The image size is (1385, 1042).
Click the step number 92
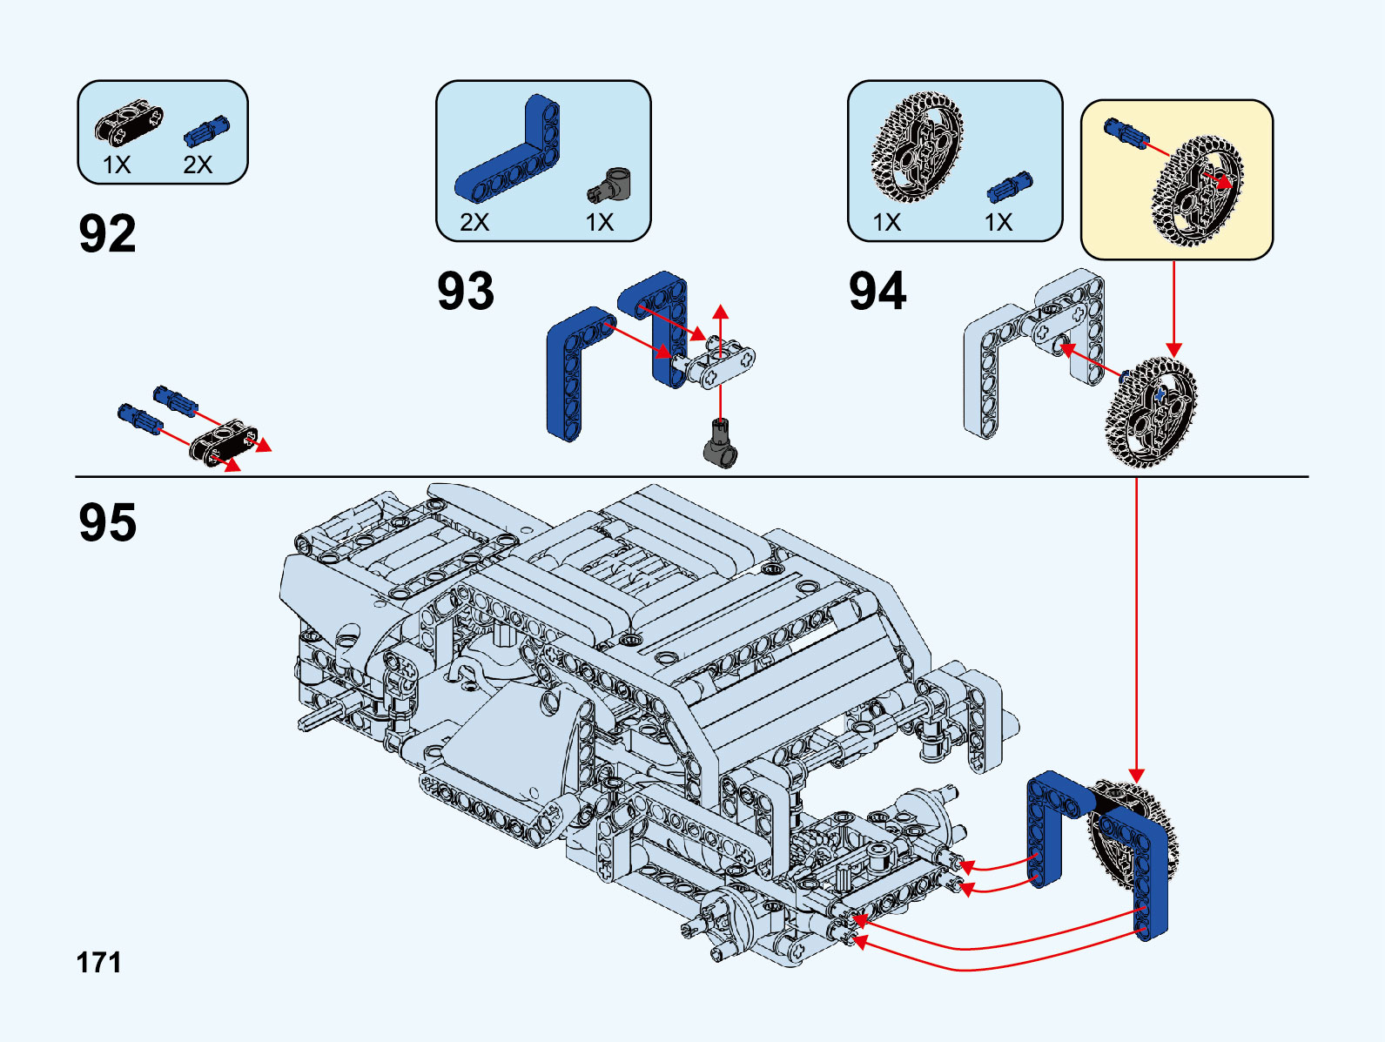(x=107, y=233)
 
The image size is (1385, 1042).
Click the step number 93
(x=466, y=291)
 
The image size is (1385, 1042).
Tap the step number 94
(x=877, y=291)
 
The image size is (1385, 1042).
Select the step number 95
(x=107, y=522)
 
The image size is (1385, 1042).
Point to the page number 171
(x=99, y=963)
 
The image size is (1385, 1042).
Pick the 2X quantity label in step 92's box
(x=198, y=165)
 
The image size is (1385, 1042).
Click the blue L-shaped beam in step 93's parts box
(x=508, y=149)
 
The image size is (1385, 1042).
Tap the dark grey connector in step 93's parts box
(x=608, y=185)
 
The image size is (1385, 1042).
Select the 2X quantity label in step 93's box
(x=474, y=222)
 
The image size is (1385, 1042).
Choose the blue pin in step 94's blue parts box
(x=1010, y=186)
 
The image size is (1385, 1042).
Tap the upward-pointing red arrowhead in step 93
(x=720, y=313)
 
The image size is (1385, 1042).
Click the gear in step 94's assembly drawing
(x=1152, y=413)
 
